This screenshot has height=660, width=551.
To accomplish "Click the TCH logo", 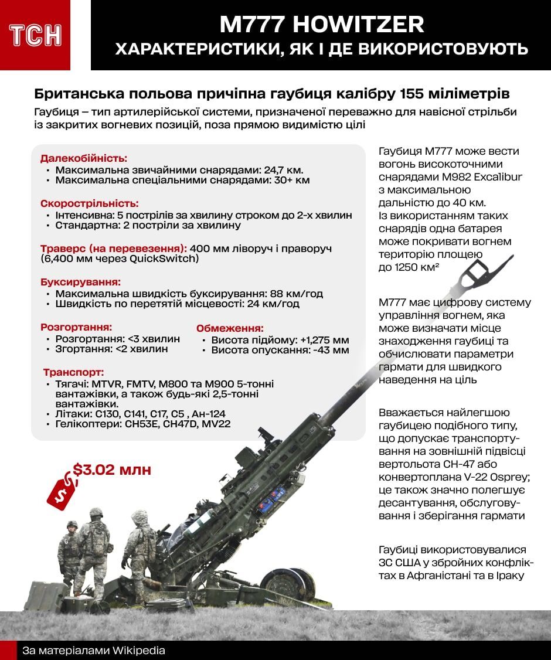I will (35, 36).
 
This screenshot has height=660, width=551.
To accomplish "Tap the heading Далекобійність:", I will (84, 158).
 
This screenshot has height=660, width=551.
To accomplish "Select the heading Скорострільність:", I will (90, 203).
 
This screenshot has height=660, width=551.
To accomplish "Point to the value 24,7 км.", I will (283, 169).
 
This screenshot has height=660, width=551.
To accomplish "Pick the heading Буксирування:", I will (80, 282).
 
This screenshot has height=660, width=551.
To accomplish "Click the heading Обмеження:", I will (230, 328).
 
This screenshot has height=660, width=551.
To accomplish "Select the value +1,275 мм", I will (324, 339).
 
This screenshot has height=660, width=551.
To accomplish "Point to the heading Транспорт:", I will (73, 372).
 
